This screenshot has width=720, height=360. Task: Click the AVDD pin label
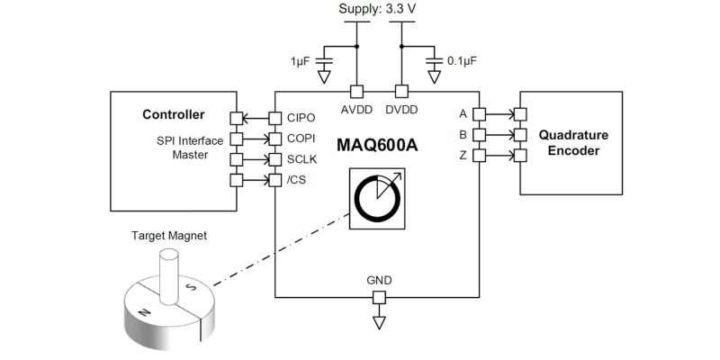pyautogui.click(x=356, y=110)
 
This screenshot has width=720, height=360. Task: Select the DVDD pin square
pyautogui.click(x=401, y=92)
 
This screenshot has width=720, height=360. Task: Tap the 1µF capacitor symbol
pyautogui.click(x=325, y=61)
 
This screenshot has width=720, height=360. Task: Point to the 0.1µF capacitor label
pyautogui.click(x=459, y=61)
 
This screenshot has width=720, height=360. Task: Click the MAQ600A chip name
pyautogui.click(x=377, y=145)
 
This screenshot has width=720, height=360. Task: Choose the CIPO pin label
pyautogui.click(x=301, y=118)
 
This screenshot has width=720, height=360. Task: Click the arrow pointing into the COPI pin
pyautogui.click(x=256, y=139)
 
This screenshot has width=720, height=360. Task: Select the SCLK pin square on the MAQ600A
pyautogui.click(x=274, y=159)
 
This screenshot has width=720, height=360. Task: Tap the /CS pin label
pyautogui.click(x=296, y=181)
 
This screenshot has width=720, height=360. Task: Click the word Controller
pyautogui.click(x=174, y=114)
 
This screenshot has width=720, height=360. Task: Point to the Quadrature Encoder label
pyautogui.click(x=573, y=143)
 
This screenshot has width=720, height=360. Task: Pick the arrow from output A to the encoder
pyautogui.click(x=499, y=114)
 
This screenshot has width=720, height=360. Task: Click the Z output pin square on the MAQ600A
pyautogui.click(x=479, y=156)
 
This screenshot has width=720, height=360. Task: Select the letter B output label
pyautogui.click(x=463, y=135)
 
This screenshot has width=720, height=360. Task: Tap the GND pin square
pyautogui.click(x=379, y=298)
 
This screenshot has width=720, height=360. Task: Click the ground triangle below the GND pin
pyautogui.click(x=379, y=322)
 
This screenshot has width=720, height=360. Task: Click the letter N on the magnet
pyautogui.click(x=145, y=312)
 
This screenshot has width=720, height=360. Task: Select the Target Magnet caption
pyautogui.click(x=169, y=236)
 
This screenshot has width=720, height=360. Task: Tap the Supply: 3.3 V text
pyautogui.click(x=378, y=9)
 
